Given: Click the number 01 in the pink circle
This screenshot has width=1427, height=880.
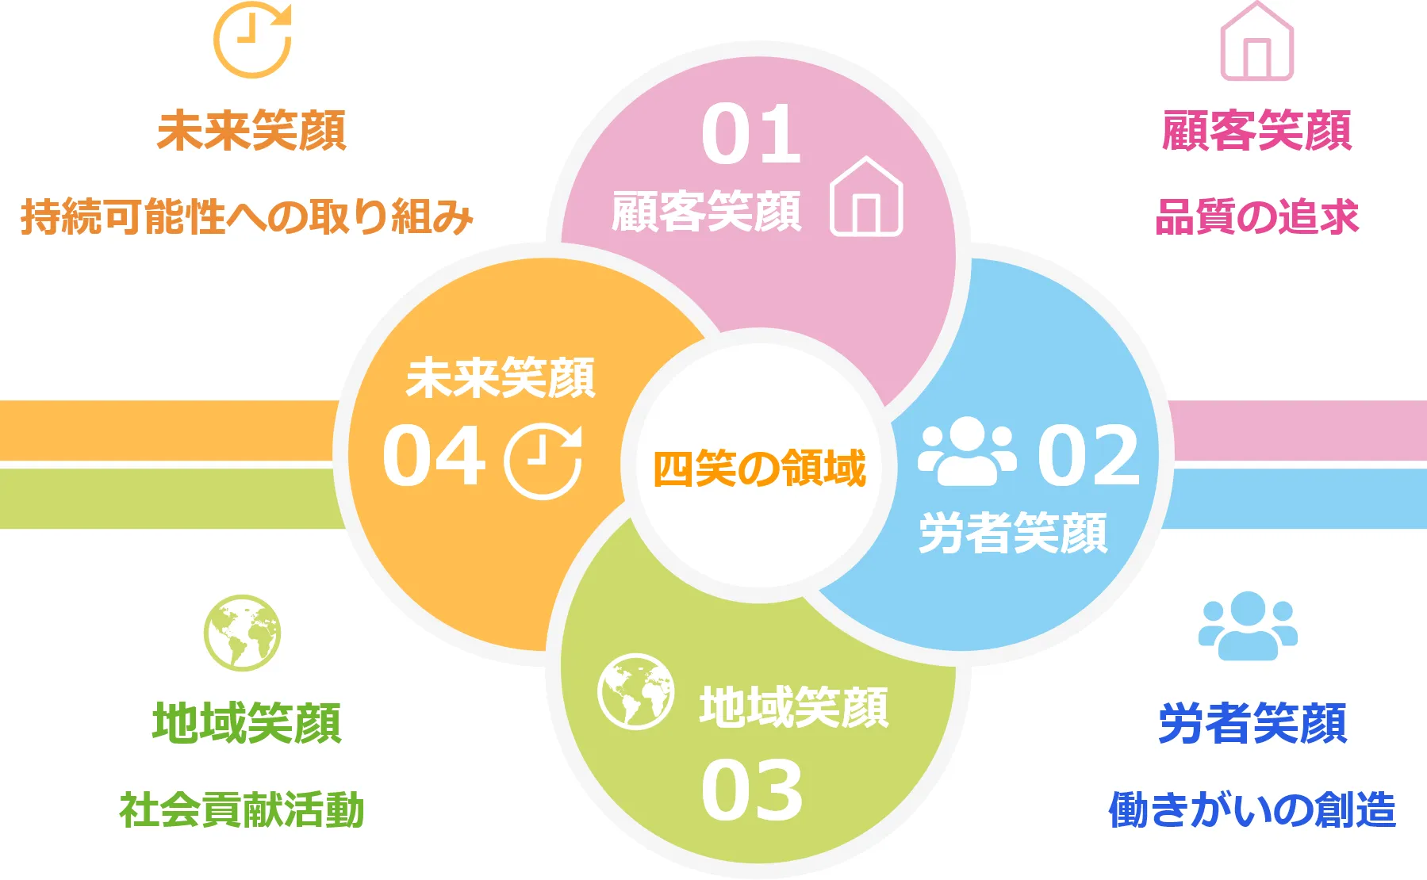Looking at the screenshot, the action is point(751,135).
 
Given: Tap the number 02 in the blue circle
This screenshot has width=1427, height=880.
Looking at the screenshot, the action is point(1089,455).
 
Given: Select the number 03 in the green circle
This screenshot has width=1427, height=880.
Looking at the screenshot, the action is point(752,790).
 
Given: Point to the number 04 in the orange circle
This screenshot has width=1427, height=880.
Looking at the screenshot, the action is point(433,455).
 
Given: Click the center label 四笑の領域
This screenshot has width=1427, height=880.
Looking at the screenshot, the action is point(759,468).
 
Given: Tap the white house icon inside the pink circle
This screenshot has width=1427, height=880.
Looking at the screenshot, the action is point(866,197).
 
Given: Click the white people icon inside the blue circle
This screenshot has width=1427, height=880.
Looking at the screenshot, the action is point(967,452).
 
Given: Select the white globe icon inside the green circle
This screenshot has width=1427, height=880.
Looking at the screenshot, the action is point(635,692).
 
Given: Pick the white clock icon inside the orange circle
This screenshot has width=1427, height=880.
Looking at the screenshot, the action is point(543,462).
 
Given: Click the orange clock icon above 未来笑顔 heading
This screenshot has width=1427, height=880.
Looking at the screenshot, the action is point(253,40).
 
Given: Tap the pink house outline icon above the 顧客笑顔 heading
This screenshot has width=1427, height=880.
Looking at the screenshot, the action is point(1256,41).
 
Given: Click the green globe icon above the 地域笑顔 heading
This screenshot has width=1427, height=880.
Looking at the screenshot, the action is point(242,633).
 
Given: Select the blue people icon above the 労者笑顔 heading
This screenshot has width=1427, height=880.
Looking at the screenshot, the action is point(1248,626).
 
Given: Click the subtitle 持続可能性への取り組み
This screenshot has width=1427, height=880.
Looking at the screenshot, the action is point(247,216).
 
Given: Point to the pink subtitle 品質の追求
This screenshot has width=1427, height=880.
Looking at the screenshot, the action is point(1257,216).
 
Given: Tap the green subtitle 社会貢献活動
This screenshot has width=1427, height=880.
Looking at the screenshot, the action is point(242,809).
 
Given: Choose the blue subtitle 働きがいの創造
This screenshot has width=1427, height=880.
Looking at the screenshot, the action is point(1252,809).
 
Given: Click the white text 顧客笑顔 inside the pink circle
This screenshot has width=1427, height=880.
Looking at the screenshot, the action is point(706,211).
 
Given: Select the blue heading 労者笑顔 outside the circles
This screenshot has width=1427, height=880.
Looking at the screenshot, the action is point(1253,723).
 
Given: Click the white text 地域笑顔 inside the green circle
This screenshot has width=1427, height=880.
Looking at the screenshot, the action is point(794,707).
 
